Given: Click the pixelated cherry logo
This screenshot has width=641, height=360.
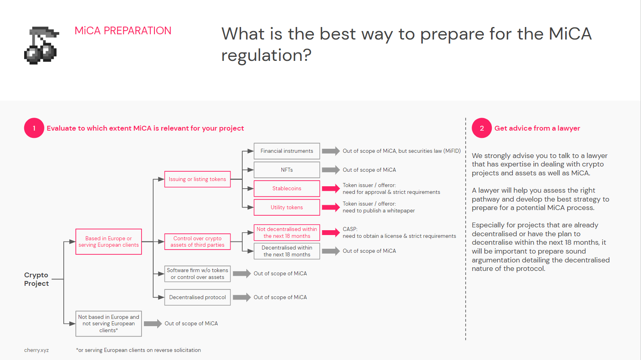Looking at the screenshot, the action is (x=42, y=45).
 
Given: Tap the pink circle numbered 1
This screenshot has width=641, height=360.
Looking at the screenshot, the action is (x=34, y=128).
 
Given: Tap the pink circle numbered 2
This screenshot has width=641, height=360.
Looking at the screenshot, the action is (x=482, y=128).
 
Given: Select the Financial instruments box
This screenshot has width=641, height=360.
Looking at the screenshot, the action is (x=287, y=151).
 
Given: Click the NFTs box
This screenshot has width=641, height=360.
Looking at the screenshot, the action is (x=287, y=170).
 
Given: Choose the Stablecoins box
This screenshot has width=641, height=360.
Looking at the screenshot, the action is (x=287, y=188).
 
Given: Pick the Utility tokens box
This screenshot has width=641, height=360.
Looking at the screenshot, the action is (x=287, y=207).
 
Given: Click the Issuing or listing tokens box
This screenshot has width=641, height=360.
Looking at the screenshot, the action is (x=198, y=179).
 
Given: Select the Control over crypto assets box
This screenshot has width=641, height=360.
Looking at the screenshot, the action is (x=198, y=241).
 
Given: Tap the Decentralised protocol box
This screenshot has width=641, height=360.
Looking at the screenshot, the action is (x=198, y=297).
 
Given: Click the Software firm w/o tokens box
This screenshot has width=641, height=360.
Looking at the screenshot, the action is (x=198, y=274).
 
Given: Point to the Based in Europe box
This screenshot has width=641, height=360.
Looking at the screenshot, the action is (x=108, y=241).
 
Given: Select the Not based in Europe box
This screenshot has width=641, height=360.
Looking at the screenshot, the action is (x=108, y=324).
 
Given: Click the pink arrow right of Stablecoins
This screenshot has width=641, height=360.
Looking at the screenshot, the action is (x=331, y=189).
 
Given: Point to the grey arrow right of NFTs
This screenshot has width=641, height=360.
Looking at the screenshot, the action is (x=331, y=170).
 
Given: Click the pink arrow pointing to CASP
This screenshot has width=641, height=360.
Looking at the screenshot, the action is (x=331, y=232).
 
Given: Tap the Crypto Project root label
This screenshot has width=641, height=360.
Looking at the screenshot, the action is (x=36, y=279).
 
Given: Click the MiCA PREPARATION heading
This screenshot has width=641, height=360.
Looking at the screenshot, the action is (x=123, y=31).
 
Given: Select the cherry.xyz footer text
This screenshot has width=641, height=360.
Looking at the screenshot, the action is (x=36, y=350).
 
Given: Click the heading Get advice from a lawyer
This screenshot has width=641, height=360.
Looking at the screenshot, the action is (x=537, y=128).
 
